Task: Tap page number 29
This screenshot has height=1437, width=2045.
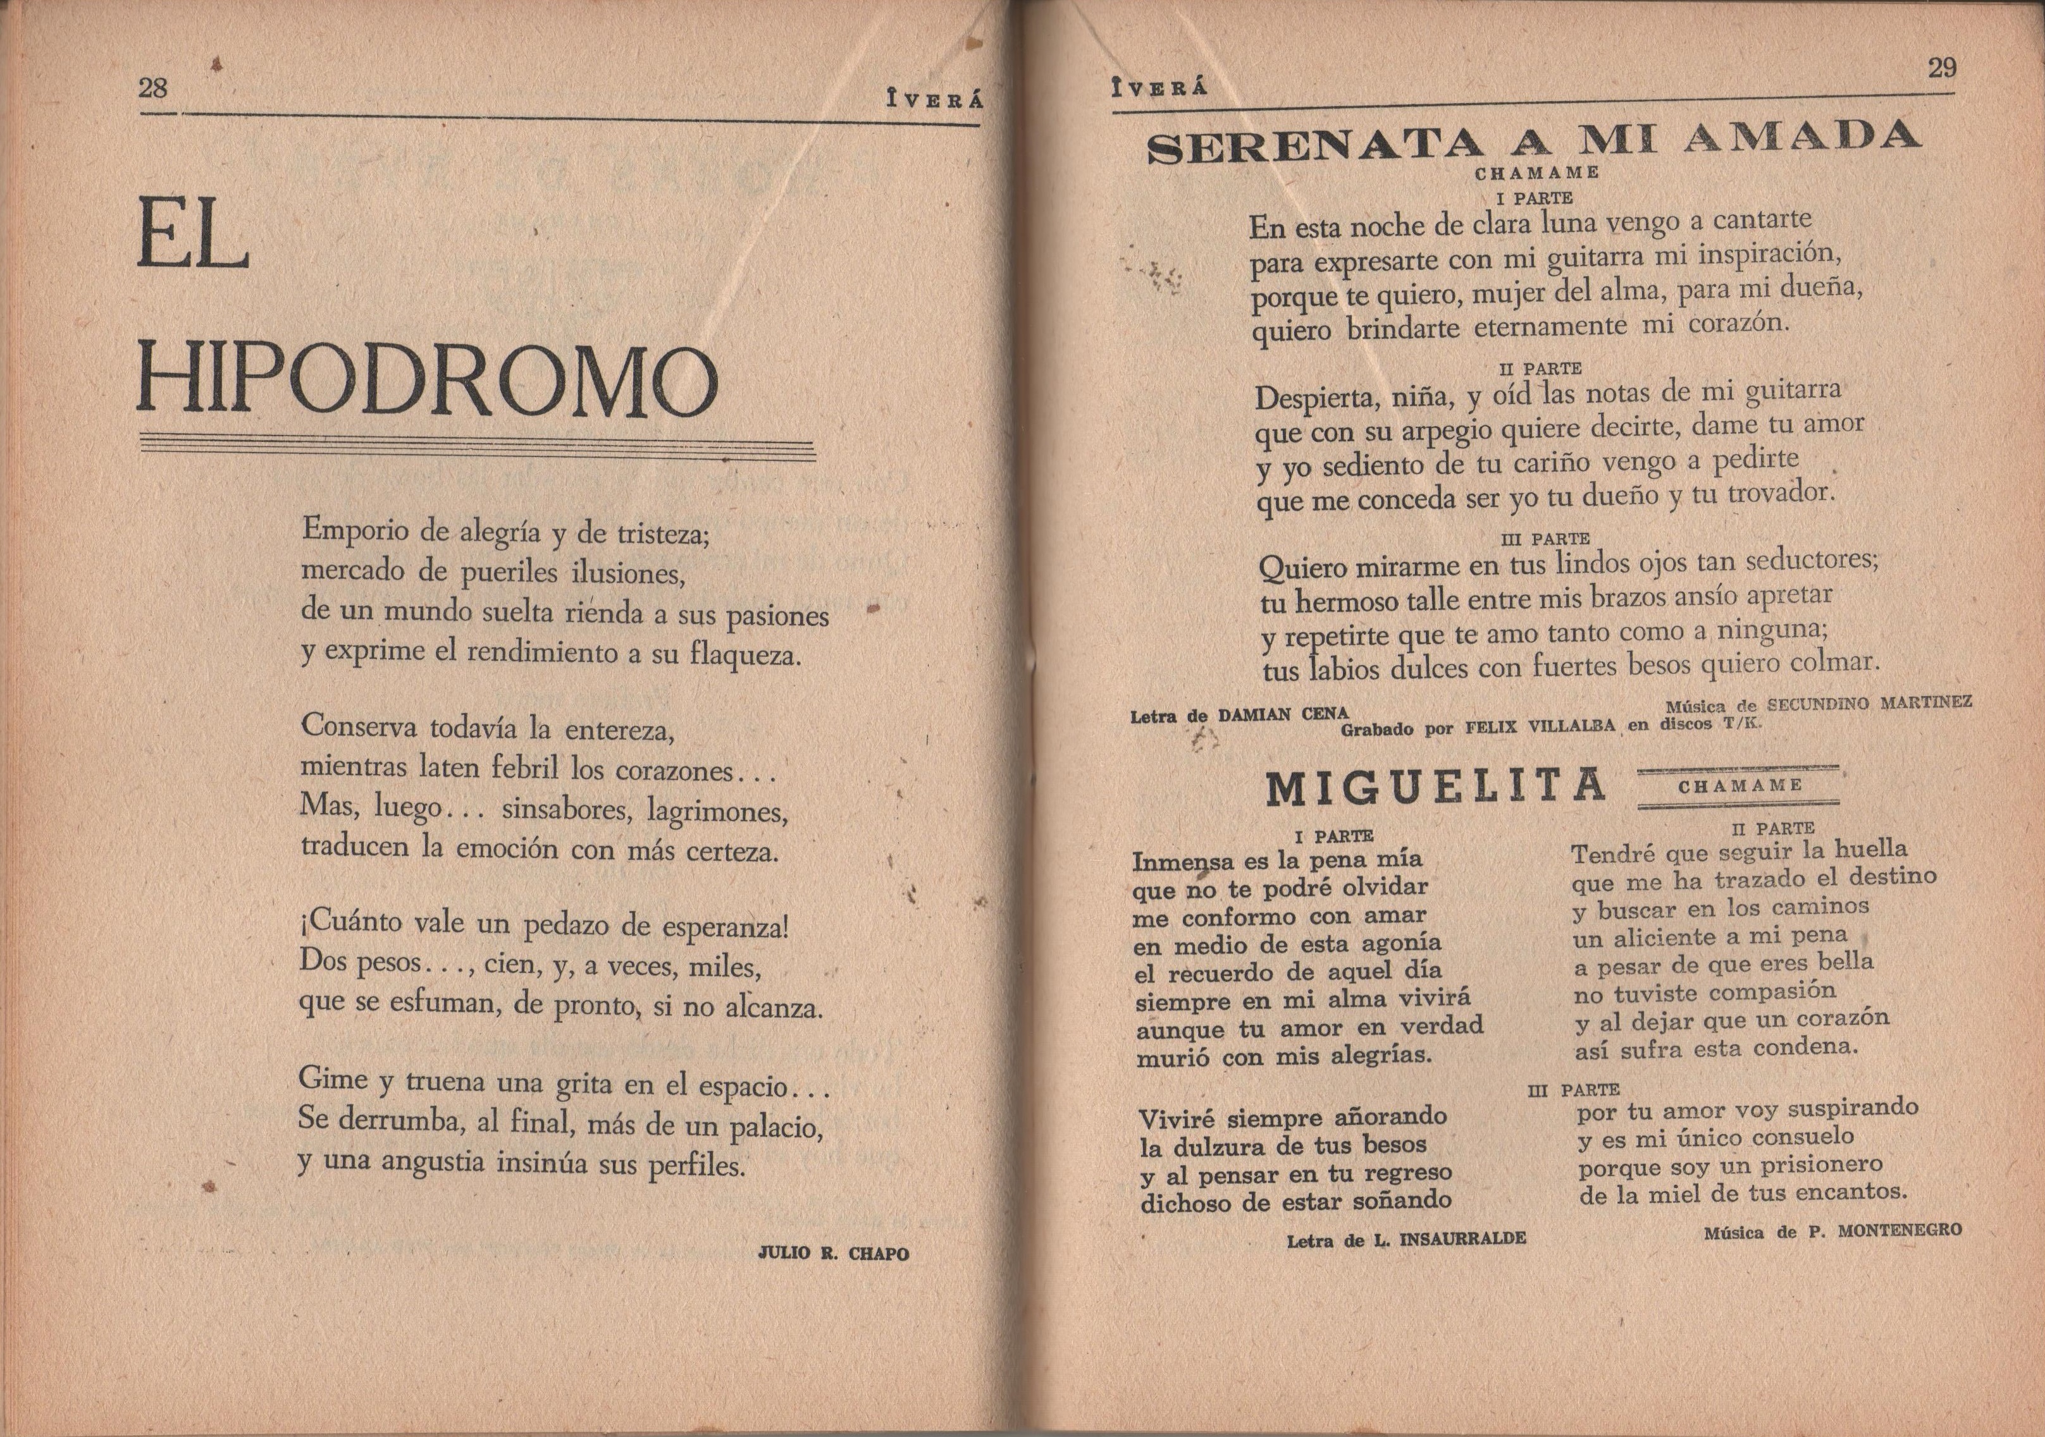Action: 1942,68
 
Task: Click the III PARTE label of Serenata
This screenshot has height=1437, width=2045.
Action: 1545,539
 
